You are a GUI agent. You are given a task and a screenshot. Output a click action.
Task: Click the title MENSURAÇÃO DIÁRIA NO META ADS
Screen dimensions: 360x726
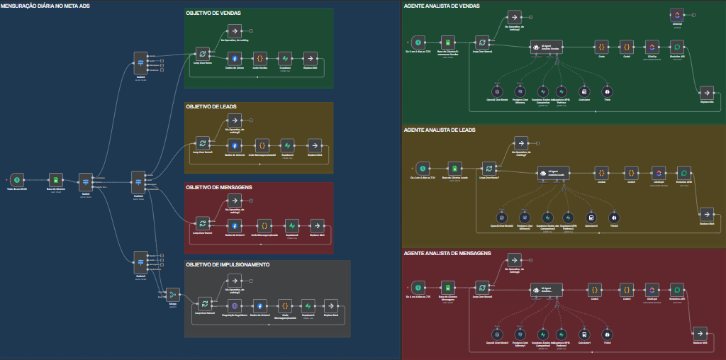point(45,6)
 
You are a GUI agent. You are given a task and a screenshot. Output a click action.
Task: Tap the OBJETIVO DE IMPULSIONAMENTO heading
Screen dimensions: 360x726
point(228,265)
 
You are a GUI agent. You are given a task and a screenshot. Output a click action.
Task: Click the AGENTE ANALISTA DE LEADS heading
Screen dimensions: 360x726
point(440,130)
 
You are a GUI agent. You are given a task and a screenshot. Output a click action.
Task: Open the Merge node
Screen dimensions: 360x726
point(172,294)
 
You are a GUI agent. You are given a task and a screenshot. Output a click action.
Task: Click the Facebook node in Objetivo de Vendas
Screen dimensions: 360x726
point(234,58)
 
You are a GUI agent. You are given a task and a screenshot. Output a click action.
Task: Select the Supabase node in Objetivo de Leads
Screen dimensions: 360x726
point(287,145)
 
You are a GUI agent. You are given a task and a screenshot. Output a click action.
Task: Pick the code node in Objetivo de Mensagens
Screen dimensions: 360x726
point(264,225)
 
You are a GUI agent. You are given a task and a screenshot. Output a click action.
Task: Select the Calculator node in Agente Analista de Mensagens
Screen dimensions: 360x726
point(584,333)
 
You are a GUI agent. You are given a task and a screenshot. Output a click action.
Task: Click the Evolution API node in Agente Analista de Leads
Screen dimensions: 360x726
point(683,172)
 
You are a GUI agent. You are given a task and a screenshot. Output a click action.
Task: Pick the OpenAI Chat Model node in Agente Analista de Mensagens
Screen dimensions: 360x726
point(498,333)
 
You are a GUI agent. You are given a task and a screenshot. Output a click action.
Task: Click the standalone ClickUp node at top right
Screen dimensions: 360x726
point(676,15)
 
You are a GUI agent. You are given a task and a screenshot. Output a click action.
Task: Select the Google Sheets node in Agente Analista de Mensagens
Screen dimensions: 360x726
point(448,288)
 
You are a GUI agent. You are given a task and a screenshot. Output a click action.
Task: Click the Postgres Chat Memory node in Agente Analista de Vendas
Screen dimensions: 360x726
point(520,91)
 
